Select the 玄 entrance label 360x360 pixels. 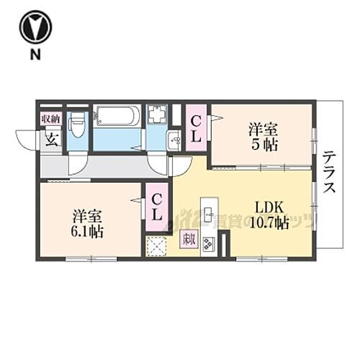click(x=51, y=139)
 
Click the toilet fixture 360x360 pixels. click(x=78, y=128)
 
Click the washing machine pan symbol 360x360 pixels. click(x=157, y=116)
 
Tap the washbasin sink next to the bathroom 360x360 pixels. click(x=174, y=141)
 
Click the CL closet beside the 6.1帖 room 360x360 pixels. click(x=156, y=205)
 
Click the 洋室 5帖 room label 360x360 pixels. click(x=263, y=136)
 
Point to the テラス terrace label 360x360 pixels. click(x=330, y=173)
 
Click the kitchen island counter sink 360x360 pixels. click(x=208, y=213)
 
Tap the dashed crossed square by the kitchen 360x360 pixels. click(x=156, y=247)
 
